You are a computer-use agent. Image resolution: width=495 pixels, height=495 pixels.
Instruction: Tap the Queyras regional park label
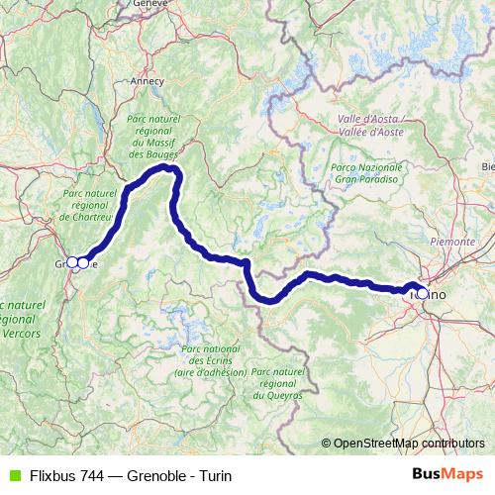coord(278,382)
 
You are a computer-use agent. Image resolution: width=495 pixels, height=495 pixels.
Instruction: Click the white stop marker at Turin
coord(423,293)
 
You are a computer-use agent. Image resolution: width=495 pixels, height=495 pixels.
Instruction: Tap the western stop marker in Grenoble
coord(71,262)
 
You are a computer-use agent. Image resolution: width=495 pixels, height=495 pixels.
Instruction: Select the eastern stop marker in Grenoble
coord(84,262)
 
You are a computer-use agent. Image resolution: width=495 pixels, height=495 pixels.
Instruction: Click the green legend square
coord(12,475)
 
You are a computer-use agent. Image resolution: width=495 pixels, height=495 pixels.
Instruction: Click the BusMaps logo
coord(447,475)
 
